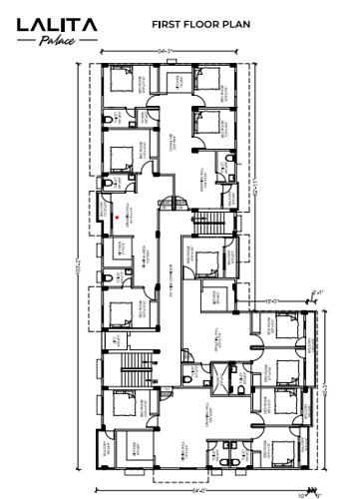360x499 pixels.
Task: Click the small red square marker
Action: coord(117,215)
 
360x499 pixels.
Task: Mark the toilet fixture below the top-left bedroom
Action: coord(108,121)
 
